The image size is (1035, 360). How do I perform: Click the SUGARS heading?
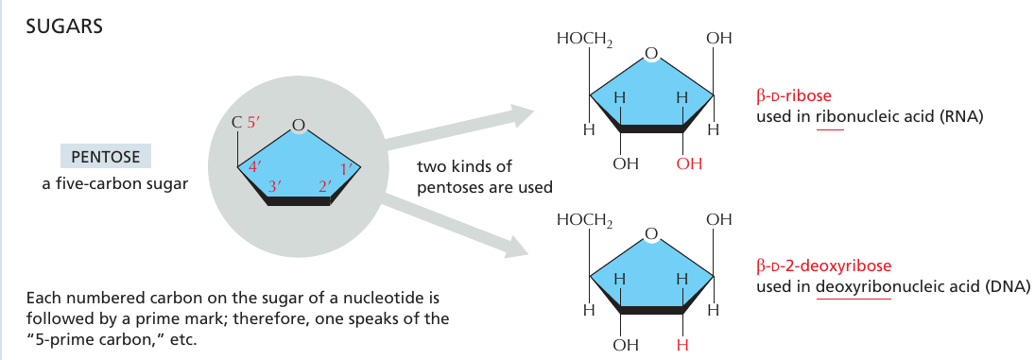click(63, 27)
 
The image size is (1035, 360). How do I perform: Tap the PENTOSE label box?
click(106, 158)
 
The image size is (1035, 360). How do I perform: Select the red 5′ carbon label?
click(255, 122)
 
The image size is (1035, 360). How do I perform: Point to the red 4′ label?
click(255, 167)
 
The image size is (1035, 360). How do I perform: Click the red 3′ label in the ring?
click(276, 186)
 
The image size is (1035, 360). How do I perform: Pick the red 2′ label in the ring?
click(324, 186)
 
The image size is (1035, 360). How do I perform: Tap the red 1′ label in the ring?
click(347, 169)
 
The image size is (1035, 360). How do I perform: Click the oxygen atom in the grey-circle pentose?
click(299, 125)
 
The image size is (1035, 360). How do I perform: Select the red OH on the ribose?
click(689, 163)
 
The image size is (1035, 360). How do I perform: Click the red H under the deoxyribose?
click(683, 344)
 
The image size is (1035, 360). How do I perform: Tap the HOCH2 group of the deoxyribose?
click(585, 220)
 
